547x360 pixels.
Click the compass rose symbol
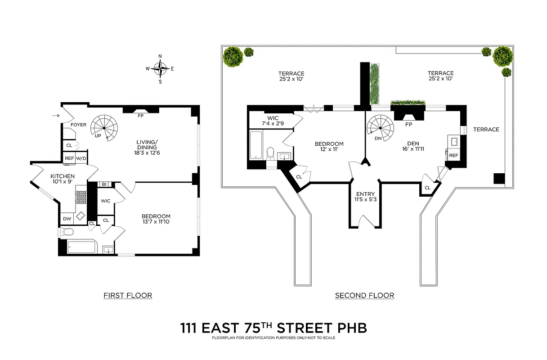pos(160,69)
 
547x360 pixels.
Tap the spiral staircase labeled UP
pos(104,128)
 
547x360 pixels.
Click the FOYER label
pos(78,125)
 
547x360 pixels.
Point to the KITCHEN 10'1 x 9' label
pos(63,179)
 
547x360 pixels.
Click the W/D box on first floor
pos(81,158)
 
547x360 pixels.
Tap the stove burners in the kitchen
pos(81,199)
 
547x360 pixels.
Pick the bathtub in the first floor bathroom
pos(81,247)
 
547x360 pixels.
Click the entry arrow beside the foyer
pos(55,116)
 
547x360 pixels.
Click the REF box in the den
pos(453,155)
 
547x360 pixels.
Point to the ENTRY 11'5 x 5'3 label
pos(365,197)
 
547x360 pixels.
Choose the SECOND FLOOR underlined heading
pos(364,296)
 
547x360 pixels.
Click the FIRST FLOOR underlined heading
pos(128,296)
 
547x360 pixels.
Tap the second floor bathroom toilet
pos(270,153)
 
